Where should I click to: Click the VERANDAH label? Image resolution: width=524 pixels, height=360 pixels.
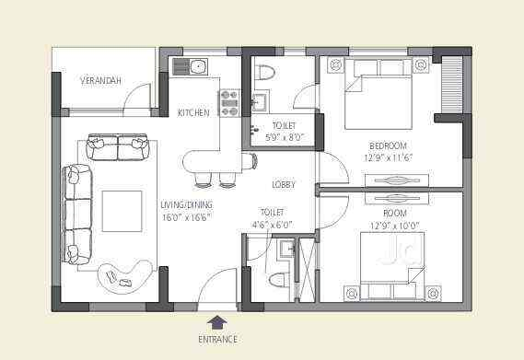101,81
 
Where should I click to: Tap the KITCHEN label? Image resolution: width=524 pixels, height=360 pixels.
193,112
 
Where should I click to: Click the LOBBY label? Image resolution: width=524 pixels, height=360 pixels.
284,185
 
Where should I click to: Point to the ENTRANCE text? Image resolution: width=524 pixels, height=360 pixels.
217,339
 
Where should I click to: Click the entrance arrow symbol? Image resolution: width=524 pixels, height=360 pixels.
217,321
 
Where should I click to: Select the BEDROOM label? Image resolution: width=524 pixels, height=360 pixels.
388,145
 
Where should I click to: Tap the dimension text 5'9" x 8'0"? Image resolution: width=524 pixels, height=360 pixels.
284,137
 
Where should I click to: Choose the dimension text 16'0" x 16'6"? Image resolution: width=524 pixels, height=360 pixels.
186,217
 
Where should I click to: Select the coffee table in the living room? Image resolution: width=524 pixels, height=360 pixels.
122,211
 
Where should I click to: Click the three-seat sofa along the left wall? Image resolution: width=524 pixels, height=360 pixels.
77,214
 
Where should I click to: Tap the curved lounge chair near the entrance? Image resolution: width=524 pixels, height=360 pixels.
126,274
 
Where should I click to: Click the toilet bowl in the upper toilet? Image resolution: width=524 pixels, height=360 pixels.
265,73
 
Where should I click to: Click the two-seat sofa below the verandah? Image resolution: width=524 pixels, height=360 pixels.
118,147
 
